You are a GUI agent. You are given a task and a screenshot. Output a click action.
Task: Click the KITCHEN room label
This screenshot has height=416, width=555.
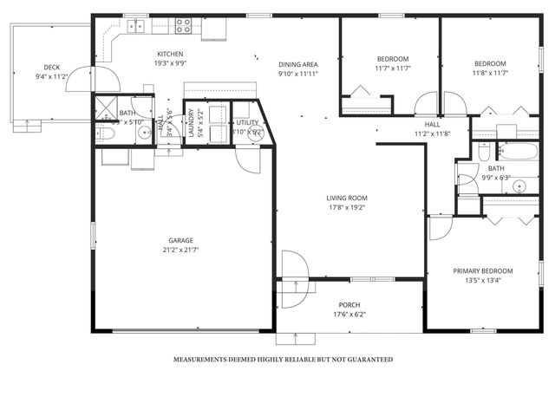pyautogui.click(x=170, y=54)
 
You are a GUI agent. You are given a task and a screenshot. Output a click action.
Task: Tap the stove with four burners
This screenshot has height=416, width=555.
pyautogui.click(x=184, y=26)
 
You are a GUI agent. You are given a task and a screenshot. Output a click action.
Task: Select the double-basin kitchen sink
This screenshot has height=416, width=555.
pyautogui.click(x=136, y=26)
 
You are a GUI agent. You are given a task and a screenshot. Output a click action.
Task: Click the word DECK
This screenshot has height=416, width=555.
pyautogui.click(x=52, y=68)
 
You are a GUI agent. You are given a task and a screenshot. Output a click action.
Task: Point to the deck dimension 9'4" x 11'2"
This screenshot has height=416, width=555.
pyautogui.click(x=52, y=76)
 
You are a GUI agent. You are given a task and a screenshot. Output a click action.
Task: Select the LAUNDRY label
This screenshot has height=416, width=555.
pyautogui.click(x=200, y=121)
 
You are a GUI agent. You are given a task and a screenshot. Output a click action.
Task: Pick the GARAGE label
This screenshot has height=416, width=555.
pyautogui.click(x=180, y=240)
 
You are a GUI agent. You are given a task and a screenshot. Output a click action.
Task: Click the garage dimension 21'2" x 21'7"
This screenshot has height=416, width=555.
pyautogui.click(x=180, y=250)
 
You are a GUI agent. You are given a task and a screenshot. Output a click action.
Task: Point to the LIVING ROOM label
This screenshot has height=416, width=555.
pyautogui.click(x=347, y=198)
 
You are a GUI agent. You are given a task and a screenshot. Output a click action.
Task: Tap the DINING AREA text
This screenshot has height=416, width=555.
pyautogui.click(x=297, y=65)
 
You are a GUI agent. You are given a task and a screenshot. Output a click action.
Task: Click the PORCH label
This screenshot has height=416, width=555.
pyautogui.click(x=349, y=305)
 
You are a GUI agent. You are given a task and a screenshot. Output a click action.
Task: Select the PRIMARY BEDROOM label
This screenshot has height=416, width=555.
pyautogui.click(x=483, y=270)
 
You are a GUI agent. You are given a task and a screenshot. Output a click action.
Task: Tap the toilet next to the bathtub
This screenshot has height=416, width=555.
pyautogui.click(x=485, y=151)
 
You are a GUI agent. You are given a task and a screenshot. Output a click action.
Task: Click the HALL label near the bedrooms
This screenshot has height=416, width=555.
pyautogui.click(x=433, y=125)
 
